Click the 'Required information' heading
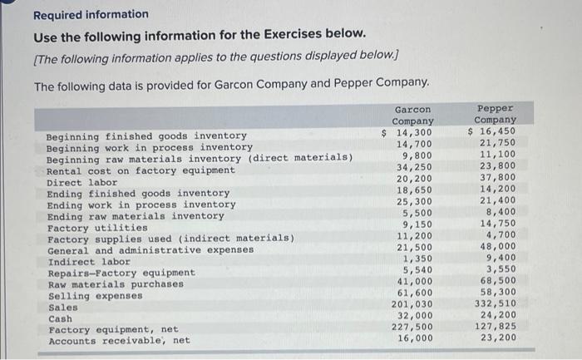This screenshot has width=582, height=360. click(x=91, y=15)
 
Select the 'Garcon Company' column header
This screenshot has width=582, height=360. click(x=413, y=116)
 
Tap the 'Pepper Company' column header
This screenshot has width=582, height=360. click(x=496, y=114)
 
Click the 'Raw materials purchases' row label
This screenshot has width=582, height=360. click(x=116, y=284)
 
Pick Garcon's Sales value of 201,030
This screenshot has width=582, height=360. click(x=412, y=306)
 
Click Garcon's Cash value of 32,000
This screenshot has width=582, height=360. click(x=416, y=318)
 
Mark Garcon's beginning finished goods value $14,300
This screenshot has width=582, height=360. click(x=409, y=133)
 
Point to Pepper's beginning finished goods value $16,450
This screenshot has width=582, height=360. click(x=493, y=131)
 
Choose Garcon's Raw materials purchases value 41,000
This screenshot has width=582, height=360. click(x=416, y=283)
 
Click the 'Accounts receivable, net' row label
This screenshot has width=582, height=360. click(x=119, y=341)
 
